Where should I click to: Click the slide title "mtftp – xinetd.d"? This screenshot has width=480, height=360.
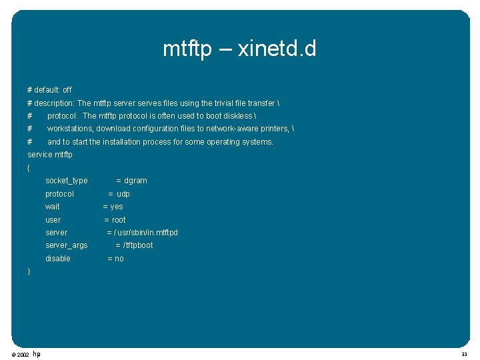click(x=239, y=49)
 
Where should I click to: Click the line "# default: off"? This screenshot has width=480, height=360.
click(x=49, y=89)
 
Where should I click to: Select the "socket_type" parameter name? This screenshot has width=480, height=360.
click(x=66, y=181)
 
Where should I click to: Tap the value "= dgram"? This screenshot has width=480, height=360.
click(x=131, y=181)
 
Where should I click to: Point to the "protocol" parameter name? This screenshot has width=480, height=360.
click(x=59, y=194)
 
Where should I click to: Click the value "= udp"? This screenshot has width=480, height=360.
click(x=119, y=194)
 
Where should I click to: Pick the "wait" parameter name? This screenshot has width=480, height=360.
click(x=52, y=207)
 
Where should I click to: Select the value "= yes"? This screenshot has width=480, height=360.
click(x=113, y=207)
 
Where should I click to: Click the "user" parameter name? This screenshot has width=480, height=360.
click(x=53, y=220)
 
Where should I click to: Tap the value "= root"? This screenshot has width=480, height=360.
click(x=115, y=220)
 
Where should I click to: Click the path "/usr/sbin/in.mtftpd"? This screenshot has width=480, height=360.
click(x=146, y=233)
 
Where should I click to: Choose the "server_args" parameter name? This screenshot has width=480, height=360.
click(x=66, y=245)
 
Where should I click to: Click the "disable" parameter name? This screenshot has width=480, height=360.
click(x=57, y=259)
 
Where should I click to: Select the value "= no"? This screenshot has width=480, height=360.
click(x=115, y=259)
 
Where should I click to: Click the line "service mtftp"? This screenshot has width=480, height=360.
click(x=50, y=155)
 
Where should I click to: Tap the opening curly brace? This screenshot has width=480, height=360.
click(x=29, y=168)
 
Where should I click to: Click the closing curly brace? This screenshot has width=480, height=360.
click(x=29, y=271)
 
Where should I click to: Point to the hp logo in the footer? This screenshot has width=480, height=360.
click(x=36, y=354)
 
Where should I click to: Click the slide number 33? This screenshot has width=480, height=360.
click(x=464, y=355)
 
